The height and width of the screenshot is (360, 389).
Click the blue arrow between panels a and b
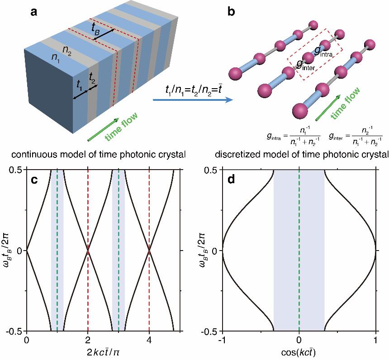coord(190,99)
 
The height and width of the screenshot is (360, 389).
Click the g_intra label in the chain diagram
coord(325,51)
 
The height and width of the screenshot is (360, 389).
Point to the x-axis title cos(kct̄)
coord(299,352)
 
